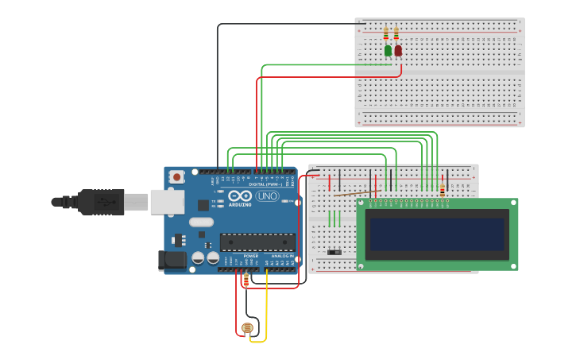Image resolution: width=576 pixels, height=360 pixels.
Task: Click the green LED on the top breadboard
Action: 388,51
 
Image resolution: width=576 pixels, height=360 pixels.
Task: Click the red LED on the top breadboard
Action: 398,51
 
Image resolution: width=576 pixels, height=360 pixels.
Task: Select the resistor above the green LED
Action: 386,34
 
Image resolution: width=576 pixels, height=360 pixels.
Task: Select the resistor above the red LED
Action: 396,34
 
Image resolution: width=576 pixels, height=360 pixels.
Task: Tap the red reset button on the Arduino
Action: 176,176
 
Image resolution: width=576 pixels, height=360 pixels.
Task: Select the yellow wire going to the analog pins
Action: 266,310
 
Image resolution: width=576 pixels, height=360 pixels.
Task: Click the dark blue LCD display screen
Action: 436,235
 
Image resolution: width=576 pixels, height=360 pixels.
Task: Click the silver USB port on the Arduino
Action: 167,202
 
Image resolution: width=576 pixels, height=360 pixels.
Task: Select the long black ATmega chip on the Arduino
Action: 257,242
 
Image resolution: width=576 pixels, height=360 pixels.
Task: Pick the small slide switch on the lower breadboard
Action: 335,253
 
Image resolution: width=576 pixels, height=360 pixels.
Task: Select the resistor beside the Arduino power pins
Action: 245,280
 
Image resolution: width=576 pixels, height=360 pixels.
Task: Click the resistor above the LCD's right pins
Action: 442,189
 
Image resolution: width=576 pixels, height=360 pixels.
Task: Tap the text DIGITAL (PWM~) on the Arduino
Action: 263,184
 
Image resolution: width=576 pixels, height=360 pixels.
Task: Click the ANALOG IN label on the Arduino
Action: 280,257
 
